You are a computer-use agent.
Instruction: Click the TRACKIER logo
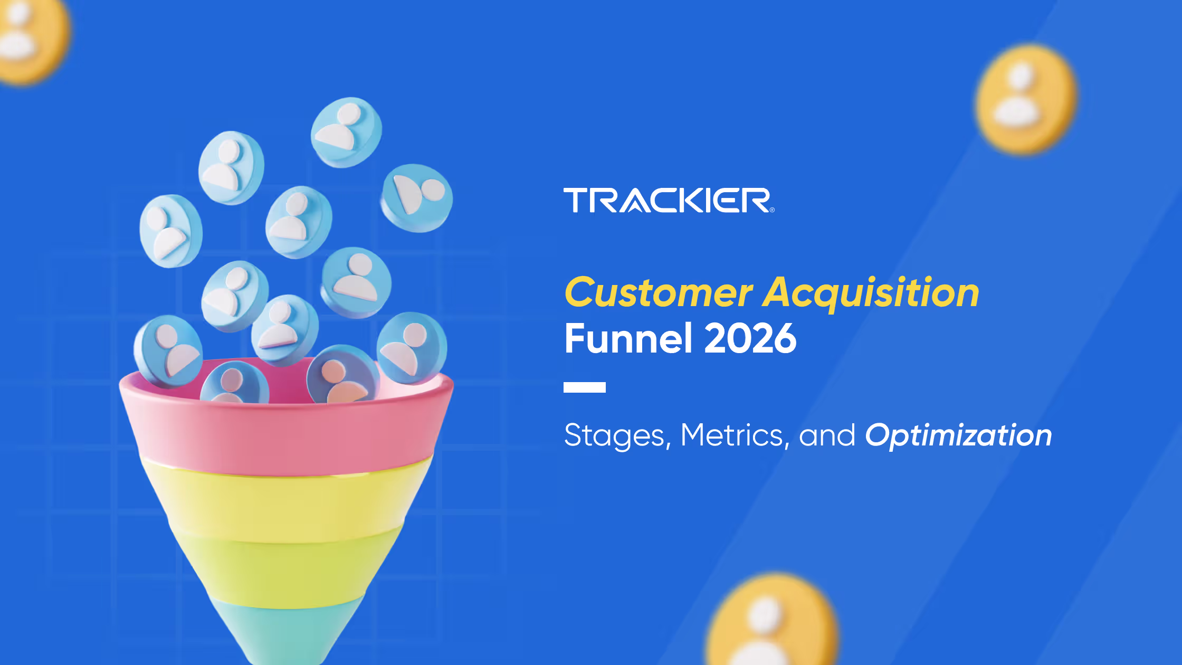(668, 201)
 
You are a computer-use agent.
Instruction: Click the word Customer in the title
(659, 293)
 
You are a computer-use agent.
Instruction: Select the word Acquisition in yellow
(871, 293)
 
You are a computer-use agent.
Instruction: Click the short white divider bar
(584, 387)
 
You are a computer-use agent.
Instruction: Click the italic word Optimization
(958, 436)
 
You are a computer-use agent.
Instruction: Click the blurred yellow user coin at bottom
(770, 623)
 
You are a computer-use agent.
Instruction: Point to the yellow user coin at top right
(1025, 99)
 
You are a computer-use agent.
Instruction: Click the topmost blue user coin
(346, 132)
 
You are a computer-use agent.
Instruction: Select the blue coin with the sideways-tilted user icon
(417, 198)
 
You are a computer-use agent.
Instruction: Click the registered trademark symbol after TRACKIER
(772, 210)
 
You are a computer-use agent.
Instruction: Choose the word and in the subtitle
(827, 436)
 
